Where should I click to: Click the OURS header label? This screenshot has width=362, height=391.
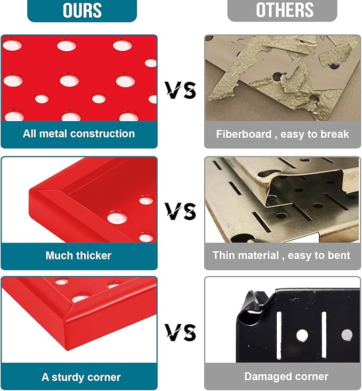pyautogui.click(x=82, y=10)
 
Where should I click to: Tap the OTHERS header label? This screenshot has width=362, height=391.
pyautogui.click(x=285, y=10)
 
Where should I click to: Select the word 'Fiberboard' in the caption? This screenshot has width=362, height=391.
pyautogui.click(x=244, y=134)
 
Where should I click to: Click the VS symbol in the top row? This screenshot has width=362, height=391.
pyautogui.click(x=181, y=90)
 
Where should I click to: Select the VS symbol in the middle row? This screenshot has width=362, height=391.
pyautogui.click(x=181, y=211)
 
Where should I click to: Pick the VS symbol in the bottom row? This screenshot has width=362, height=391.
pyautogui.click(x=181, y=332)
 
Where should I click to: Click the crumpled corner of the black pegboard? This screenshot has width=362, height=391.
pyautogui.click(x=252, y=309)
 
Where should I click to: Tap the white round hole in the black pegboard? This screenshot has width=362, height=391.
pyautogui.click(x=302, y=335)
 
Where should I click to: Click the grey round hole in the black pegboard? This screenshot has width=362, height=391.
pyautogui.click(x=347, y=335)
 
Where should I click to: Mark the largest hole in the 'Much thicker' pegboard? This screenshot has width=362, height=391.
pyautogui.click(x=117, y=218)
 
